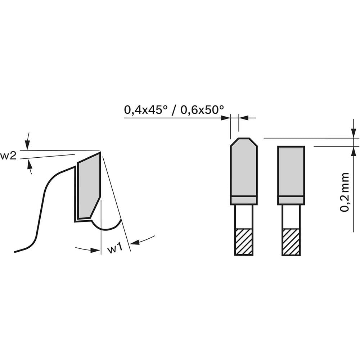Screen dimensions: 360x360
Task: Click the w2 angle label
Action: point(8,156)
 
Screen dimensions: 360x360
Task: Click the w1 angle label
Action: point(116,249)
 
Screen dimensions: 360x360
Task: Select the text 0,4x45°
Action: point(144,109)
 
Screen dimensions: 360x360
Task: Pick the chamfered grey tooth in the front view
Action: point(244,167)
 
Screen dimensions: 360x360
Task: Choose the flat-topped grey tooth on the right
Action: point(291,171)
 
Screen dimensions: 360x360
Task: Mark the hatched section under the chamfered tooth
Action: point(244,242)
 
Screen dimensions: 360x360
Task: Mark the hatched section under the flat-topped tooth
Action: point(291,242)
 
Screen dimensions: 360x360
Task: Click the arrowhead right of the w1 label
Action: point(135,243)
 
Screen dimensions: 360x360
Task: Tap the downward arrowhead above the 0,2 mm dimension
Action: point(354,134)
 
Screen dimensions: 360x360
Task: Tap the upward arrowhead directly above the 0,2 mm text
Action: point(354,150)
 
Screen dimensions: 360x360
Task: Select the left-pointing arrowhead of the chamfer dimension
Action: point(242,118)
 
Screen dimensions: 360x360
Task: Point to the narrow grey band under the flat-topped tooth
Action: point(291,201)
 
